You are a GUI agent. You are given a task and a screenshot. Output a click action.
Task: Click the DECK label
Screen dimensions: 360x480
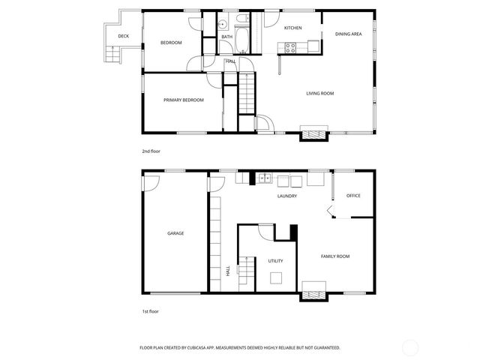(123, 36)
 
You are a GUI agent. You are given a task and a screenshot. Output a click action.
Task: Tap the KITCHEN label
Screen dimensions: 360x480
(292, 28)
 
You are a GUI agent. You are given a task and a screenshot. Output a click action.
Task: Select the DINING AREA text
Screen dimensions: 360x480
(349, 34)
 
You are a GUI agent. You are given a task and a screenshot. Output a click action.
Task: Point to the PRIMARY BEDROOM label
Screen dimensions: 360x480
(184, 100)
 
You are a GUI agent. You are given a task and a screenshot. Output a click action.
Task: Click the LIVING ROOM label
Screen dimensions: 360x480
(319, 94)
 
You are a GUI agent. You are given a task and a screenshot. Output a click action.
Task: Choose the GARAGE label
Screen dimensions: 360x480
(175, 233)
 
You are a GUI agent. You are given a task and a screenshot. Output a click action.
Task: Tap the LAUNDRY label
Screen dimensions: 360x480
(286, 196)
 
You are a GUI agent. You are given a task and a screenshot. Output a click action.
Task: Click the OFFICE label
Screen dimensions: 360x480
(353, 196)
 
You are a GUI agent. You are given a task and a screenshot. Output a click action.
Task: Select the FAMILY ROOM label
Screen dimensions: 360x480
(335, 256)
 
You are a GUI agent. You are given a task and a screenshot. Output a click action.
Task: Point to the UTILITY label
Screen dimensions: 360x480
(275, 261)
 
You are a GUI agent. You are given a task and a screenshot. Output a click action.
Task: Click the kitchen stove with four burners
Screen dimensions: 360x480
(288, 48)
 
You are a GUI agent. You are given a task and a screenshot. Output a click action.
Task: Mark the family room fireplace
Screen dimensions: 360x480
(314, 291)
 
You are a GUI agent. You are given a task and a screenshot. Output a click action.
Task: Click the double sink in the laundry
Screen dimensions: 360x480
(264, 178)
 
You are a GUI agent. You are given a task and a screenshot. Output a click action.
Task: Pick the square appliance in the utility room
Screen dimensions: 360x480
(277, 278)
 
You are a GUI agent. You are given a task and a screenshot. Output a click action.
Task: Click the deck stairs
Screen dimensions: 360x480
(113, 55)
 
